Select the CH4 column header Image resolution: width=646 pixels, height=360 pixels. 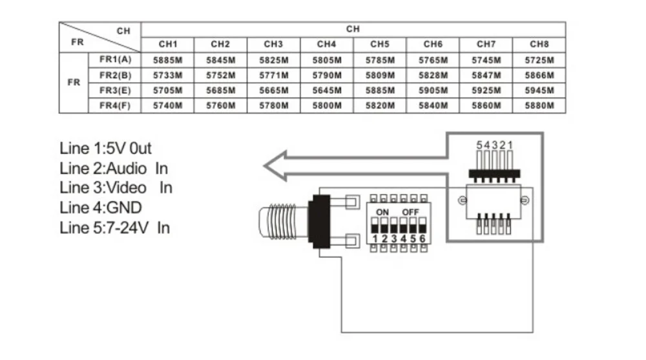(x=326, y=45)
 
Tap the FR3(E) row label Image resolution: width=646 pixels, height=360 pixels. (x=115, y=90)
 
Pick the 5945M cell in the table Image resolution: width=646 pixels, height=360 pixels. (x=539, y=90)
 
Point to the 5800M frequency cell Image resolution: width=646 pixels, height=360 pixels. (x=326, y=105)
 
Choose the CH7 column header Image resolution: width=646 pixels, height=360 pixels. (x=486, y=45)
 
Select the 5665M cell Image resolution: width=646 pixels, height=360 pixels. (x=273, y=90)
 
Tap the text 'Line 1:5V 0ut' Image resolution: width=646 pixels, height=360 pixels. (x=105, y=148)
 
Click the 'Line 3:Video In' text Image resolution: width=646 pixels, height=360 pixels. (x=116, y=188)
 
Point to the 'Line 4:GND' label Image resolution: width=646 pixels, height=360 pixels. (x=100, y=207)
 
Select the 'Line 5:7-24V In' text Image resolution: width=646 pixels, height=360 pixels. (x=114, y=228)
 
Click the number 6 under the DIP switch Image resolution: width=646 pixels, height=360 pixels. (x=423, y=239)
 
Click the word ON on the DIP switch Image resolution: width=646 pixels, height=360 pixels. (x=382, y=212)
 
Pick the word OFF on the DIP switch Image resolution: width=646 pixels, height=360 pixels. (x=411, y=212)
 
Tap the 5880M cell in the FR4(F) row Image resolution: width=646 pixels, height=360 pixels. (x=539, y=105)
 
